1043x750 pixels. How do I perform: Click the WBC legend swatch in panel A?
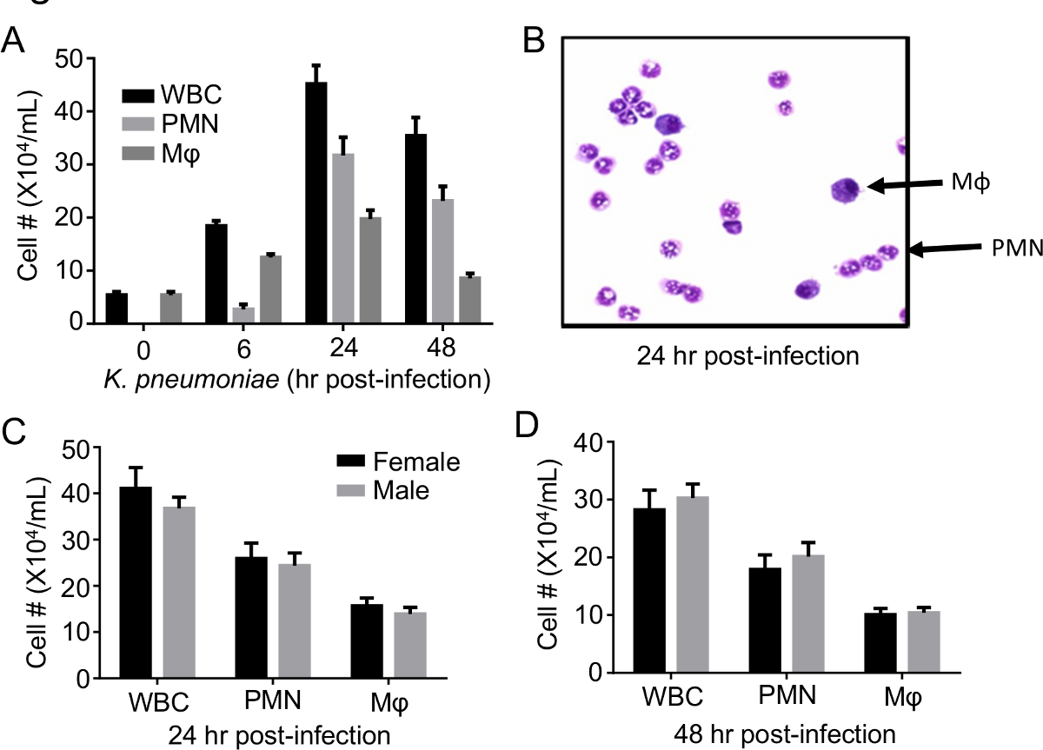click(x=136, y=93)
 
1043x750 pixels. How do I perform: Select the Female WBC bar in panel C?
click(x=135, y=583)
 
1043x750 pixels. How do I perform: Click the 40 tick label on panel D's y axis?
click(x=590, y=442)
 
